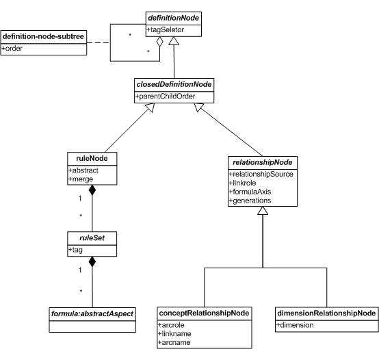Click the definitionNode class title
click(x=173, y=18)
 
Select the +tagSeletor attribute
click(x=166, y=29)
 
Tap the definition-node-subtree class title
click(x=43, y=36)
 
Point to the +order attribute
click(x=12, y=49)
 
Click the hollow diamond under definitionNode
click(x=159, y=41)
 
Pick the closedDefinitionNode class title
click(x=174, y=84)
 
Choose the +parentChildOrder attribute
click(x=165, y=97)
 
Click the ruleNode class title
click(x=92, y=158)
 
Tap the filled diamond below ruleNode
click(x=92, y=190)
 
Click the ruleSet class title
click(x=92, y=238)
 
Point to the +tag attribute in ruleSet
click(x=75, y=250)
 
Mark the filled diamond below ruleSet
click(x=92, y=261)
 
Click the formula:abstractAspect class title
click(x=92, y=314)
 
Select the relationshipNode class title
click(x=263, y=162)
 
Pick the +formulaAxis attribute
click(x=250, y=192)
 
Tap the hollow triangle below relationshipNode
click(x=263, y=211)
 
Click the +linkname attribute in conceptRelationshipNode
click(x=174, y=333)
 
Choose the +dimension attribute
click(x=295, y=325)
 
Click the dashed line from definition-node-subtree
click(x=99, y=43)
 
